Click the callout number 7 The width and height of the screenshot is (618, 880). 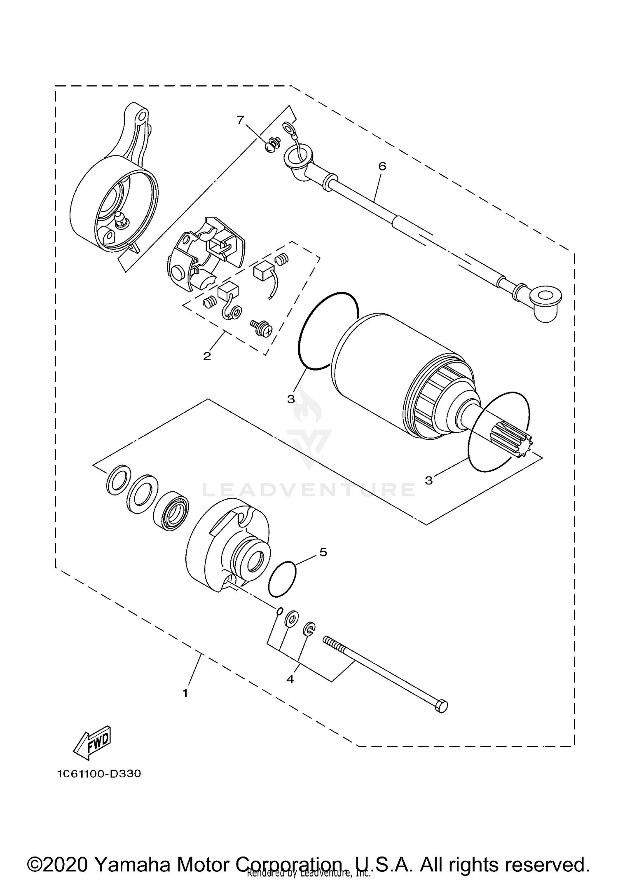coord(240,120)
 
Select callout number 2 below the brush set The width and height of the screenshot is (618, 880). coord(207,356)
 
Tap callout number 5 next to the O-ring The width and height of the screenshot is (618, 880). coord(323,552)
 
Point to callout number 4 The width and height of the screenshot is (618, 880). coord(290,679)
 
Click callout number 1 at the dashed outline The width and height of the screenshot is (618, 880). coord(185,693)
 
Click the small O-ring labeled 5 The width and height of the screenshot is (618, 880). coord(282,579)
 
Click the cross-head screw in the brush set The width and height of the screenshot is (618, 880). coord(262,329)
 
